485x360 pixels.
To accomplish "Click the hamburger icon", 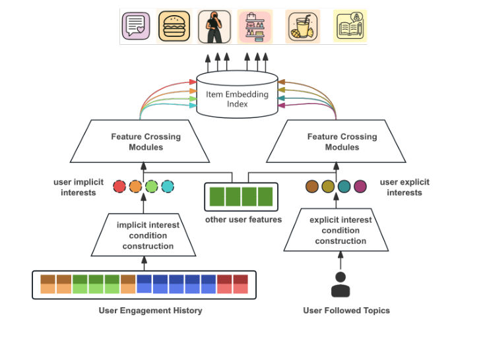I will pyautogui.click(x=174, y=26).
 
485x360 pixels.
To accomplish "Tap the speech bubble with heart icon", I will pyautogui.click(x=136, y=26).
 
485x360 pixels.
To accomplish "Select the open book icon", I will pyautogui.click(x=350, y=26).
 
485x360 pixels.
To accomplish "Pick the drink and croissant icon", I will pyautogui.click(x=303, y=27).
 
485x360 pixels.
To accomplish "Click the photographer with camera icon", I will pyautogui.click(x=214, y=27).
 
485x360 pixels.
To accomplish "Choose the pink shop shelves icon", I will pyautogui.click(x=255, y=27).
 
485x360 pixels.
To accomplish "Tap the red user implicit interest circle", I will pyautogui.click(x=119, y=186).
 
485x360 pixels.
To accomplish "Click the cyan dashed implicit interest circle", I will pyautogui.click(x=168, y=186).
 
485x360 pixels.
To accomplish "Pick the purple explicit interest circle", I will pyautogui.click(x=360, y=187).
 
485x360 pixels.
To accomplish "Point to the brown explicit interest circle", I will pyautogui.click(x=312, y=187).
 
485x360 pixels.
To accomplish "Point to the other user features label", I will pyautogui.click(x=243, y=220).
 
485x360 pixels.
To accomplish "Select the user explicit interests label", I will pyautogui.click(x=404, y=187).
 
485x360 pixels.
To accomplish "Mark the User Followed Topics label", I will pyautogui.click(x=346, y=311).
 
